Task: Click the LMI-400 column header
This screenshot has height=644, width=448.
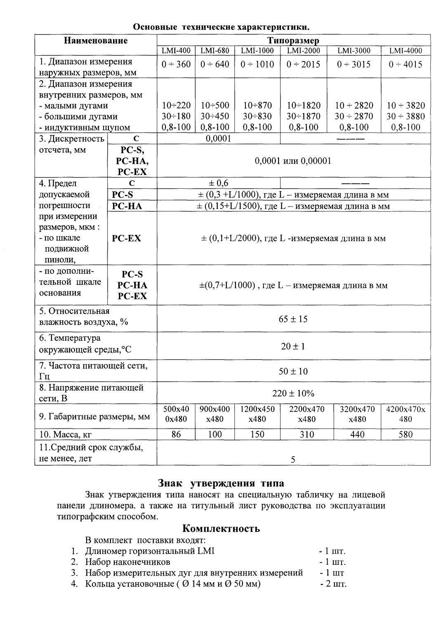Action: (x=176, y=51)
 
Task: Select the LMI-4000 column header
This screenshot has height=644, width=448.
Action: (x=406, y=51)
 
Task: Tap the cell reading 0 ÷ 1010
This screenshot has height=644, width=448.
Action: (x=257, y=64)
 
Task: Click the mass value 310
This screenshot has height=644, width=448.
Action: (x=307, y=434)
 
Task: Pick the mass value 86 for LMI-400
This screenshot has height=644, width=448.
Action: (x=176, y=434)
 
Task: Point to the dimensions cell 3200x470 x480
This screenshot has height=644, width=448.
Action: (x=357, y=414)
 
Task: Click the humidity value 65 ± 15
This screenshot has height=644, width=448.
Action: (x=293, y=319)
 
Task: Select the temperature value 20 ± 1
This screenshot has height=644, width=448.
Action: (x=293, y=346)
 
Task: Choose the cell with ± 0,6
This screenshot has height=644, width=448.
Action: (x=218, y=183)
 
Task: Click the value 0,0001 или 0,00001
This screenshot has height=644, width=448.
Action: (x=293, y=161)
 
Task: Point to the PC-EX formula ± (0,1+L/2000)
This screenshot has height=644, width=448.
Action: (x=293, y=238)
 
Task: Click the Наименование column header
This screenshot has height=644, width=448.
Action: (x=96, y=40)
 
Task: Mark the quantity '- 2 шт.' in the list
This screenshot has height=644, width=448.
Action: (x=333, y=584)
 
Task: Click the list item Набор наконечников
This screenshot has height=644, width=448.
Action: (x=127, y=562)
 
